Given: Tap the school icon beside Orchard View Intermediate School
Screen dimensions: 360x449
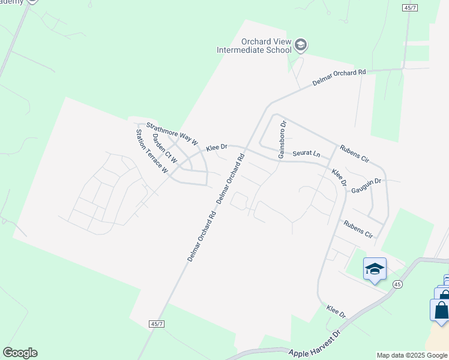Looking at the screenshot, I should pyautogui.click(x=301, y=45).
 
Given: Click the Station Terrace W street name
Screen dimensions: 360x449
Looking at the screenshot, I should pyautogui.click(x=151, y=151).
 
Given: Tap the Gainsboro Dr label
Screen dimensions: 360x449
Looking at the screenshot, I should pyautogui.click(x=282, y=139).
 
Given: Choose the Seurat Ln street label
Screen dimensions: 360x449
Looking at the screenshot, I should pyautogui.click(x=306, y=154).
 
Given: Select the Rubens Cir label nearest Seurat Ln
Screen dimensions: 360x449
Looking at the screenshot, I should pyautogui.click(x=354, y=154).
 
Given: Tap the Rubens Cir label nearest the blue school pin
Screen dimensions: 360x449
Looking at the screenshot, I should pyautogui.click(x=358, y=229).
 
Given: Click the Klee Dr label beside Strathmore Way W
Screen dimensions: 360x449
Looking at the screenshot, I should pyautogui.click(x=217, y=147).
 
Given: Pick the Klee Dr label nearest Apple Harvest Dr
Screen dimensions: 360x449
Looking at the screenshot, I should pyautogui.click(x=336, y=311).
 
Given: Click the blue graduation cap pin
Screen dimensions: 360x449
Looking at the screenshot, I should pyautogui.click(x=375, y=269).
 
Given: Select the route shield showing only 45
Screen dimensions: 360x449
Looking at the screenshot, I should pyautogui.click(x=397, y=284).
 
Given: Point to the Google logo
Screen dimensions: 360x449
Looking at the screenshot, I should pyautogui.click(x=20, y=353).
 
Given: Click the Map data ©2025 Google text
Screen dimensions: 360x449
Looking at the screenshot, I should pyautogui.click(x=412, y=355).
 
